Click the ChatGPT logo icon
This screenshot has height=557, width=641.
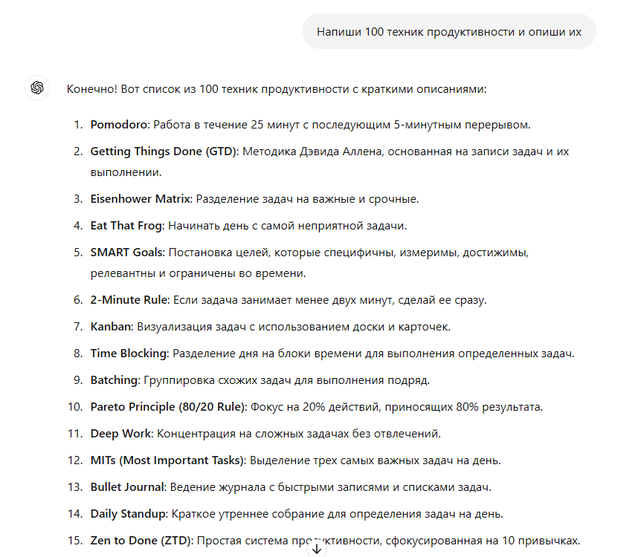[x=36, y=88]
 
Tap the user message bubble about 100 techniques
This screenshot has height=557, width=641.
[x=448, y=32]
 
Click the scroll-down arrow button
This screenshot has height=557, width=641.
[x=317, y=549]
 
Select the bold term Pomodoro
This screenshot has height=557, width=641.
[x=120, y=125]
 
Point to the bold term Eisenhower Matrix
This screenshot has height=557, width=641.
[x=141, y=199]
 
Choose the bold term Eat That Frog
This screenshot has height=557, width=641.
[x=126, y=226]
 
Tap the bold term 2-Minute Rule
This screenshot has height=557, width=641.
[x=130, y=300]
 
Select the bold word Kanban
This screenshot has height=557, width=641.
[x=111, y=327]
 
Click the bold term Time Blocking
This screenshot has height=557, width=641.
[x=129, y=354]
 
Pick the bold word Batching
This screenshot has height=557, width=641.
[x=115, y=380]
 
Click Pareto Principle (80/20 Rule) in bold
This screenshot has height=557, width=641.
[x=169, y=407]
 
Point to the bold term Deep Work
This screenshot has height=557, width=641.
[x=121, y=434]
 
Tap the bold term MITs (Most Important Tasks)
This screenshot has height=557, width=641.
[x=167, y=460]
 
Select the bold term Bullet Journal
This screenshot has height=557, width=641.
[x=127, y=487]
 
